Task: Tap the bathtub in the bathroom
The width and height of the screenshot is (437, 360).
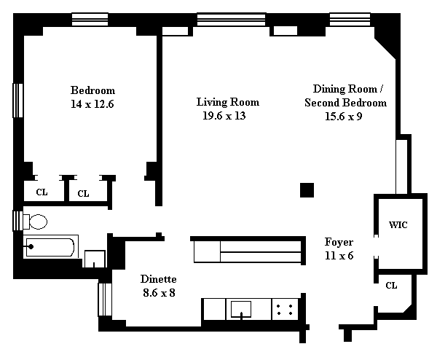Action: point(50,247)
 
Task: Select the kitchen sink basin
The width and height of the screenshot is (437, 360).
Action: point(241,309)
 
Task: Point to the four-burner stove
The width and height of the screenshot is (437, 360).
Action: point(285,310)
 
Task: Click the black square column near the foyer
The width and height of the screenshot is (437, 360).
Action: point(307,190)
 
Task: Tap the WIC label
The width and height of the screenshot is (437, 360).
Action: point(398,224)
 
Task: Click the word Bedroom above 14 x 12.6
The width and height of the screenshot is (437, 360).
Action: point(92,90)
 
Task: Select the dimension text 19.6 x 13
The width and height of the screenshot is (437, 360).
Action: point(224,116)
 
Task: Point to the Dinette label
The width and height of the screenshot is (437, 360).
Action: point(158,279)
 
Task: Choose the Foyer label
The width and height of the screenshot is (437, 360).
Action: point(339,242)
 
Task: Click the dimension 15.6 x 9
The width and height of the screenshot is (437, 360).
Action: point(344,117)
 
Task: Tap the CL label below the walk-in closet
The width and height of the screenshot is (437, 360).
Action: point(391,286)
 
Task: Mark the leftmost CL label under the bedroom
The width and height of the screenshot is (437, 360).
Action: point(42,192)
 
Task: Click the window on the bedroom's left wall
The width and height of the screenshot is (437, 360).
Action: point(17,101)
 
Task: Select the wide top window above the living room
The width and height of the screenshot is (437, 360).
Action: point(232,20)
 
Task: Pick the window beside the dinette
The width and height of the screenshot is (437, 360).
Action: point(105,300)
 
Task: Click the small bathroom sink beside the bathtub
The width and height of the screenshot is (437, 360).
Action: point(95,259)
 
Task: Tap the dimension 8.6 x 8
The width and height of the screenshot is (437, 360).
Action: point(159,293)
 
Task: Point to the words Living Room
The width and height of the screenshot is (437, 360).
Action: point(228,102)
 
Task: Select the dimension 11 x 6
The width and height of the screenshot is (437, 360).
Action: point(339,256)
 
